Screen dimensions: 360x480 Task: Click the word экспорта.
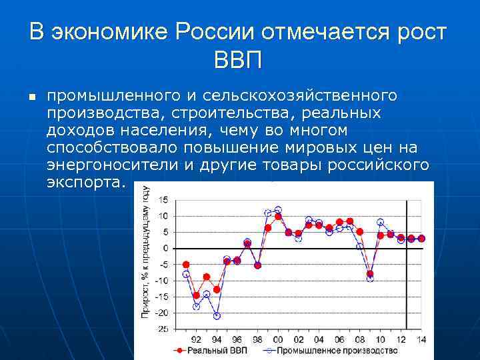tap(85, 181)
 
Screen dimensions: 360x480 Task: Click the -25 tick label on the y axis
tap(162, 329)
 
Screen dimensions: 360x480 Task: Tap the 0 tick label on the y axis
tap(166, 248)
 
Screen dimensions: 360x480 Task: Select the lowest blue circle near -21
tap(217, 316)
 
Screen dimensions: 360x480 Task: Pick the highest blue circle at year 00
tap(278, 210)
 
